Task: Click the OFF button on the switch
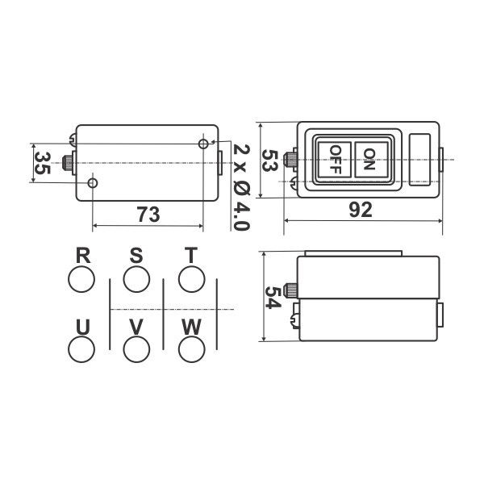click(x=335, y=160)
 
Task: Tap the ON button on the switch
click(x=371, y=160)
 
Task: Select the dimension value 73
click(x=148, y=215)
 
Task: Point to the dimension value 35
click(x=42, y=163)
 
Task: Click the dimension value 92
click(x=361, y=210)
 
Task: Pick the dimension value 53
click(x=269, y=161)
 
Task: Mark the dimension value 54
click(x=273, y=297)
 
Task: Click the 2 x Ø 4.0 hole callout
click(x=241, y=187)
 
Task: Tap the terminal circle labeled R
click(x=81, y=279)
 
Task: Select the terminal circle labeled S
click(x=136, y=279)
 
